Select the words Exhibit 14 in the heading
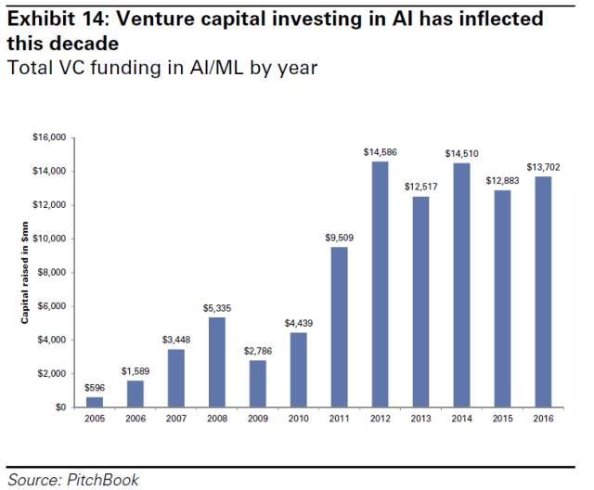(50, 19)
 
